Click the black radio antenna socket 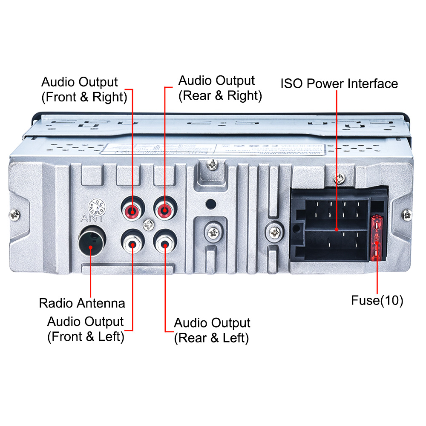click(x=91, y=243)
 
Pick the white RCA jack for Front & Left click(x=132, y=245)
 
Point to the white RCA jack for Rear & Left click(x=164, y=245)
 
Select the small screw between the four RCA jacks click(x=148, y=223)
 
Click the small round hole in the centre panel click(x=209, y=204)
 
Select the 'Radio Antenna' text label click(x=82, y=303)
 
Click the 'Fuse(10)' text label click(x=377, y=300)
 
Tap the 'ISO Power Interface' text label click(x=339, y=83)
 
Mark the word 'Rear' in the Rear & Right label click(x=194, y=95)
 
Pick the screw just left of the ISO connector click(x=274, y=233)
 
